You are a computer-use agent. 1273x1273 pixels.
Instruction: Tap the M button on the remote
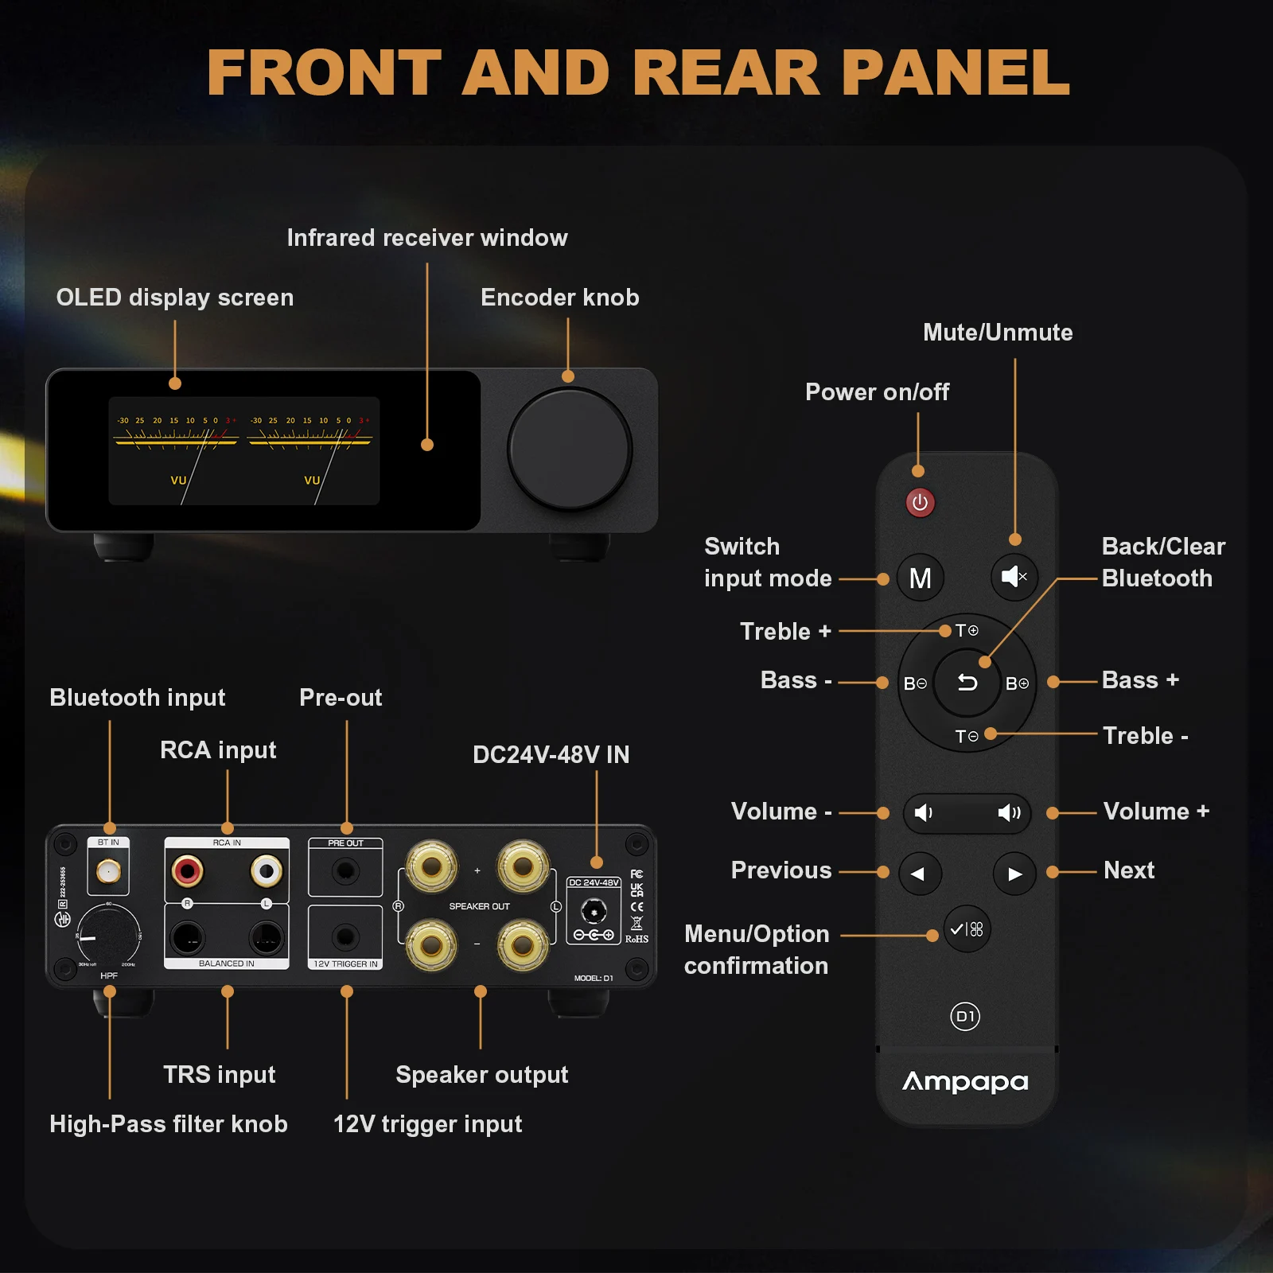tap(920, 578)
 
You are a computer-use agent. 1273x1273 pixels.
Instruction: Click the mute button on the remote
tap(1014, 577)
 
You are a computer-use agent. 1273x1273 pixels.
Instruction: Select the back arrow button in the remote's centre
tap(967, 683)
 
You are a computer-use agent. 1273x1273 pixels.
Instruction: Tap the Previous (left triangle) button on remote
tap(919, 874)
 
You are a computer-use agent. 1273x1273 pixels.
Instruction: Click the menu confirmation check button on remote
tap(967, 928)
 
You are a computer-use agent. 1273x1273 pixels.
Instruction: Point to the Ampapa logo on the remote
tap(965, 1081)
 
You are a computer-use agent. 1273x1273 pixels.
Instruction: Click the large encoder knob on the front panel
tap(569, 449)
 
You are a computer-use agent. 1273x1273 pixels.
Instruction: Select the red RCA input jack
tap(188, 870)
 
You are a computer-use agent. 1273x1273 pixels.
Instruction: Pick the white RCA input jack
tap(267, 870)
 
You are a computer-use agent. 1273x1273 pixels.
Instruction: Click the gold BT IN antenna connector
tap(108, 872)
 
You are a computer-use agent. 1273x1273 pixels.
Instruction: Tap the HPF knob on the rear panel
tap(109, 936)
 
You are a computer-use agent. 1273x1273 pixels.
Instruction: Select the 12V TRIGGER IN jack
tap(345, 936)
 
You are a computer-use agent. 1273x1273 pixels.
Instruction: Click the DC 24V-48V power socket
tap(594, 910)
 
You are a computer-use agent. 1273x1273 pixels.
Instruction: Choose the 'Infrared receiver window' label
tap(427, 238)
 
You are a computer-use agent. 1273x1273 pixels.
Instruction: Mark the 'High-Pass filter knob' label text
tap(169, 1124)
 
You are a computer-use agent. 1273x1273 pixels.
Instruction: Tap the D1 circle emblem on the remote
tap(965, 1016)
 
